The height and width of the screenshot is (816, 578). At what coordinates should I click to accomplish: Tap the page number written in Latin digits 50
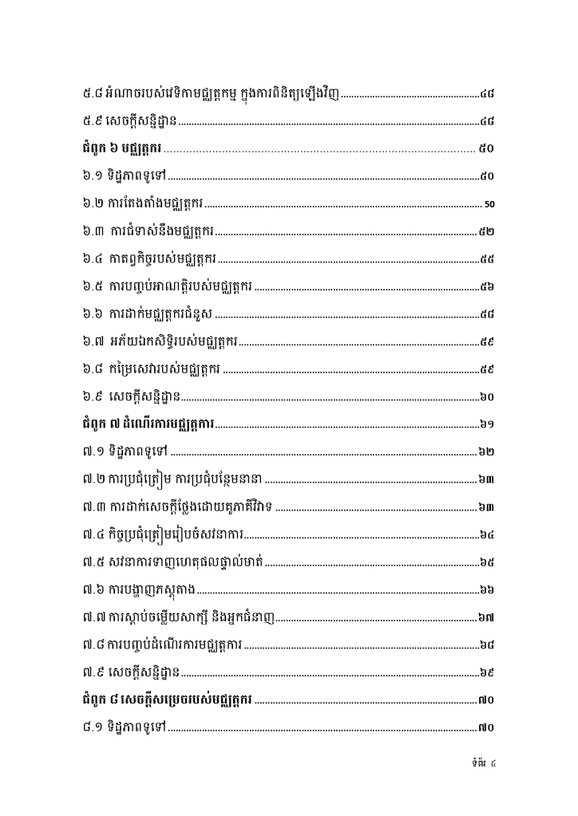point(490,204)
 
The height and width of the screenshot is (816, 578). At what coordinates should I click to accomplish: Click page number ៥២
point(487,231)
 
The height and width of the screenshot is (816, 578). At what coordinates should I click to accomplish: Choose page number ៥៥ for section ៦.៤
point(487,259)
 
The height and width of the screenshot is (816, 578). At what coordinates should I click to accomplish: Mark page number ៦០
point(487,396)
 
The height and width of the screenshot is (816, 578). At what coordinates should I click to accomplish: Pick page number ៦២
point(487,451)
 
